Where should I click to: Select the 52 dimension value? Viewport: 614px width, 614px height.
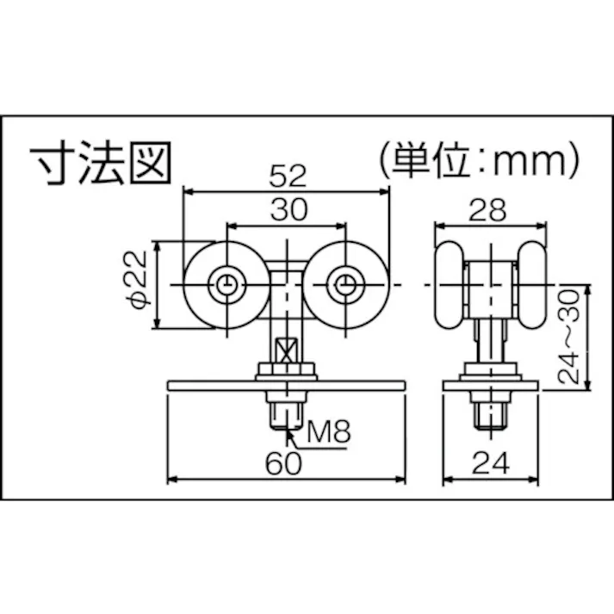pos(287,177)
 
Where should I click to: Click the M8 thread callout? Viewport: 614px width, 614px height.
pos(329,431)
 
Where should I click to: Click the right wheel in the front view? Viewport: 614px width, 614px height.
pos(345,285)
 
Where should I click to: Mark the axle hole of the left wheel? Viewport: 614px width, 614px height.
pos(226,285)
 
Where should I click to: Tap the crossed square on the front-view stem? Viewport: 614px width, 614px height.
pos(285,352)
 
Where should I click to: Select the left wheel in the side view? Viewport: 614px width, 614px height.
pos(449,285)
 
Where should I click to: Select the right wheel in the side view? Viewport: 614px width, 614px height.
pos(531,285)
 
